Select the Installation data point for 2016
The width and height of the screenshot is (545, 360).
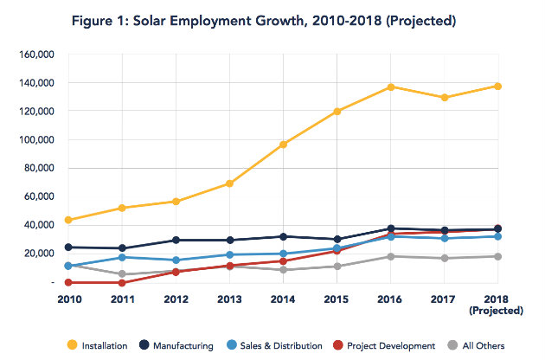(391, 87)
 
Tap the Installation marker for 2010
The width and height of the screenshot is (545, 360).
(67, 220)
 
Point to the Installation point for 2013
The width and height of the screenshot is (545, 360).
(229, 183)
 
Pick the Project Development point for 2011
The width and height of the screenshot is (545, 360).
(122, 282)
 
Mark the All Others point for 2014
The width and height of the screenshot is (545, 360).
(284, 270)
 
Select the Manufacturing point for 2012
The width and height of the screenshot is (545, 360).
(176, 240)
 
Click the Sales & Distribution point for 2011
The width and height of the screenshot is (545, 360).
(122, 257)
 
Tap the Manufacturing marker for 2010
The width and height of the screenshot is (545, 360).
(67, 247)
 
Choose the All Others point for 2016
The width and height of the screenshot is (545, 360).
(391, 256)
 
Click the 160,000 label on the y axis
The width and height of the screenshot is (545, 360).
(37, 54)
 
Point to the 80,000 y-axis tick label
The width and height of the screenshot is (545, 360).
(40, 168)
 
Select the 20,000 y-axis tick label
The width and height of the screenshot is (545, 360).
(40, 253)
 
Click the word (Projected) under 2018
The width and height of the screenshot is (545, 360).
(498, 310)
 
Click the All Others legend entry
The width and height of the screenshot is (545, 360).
(474, 346)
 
